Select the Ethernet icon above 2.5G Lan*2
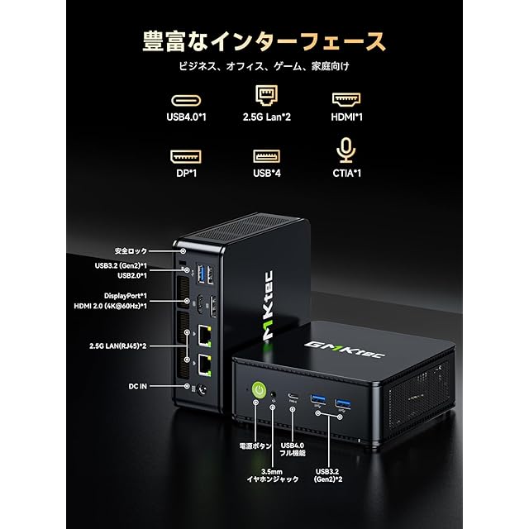click(264, 97)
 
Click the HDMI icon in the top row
click(345, 98)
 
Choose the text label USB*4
click(264, 174)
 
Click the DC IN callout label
click(136, 384)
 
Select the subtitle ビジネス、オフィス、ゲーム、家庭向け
click(264, 67)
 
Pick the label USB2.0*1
click(128, 275)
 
